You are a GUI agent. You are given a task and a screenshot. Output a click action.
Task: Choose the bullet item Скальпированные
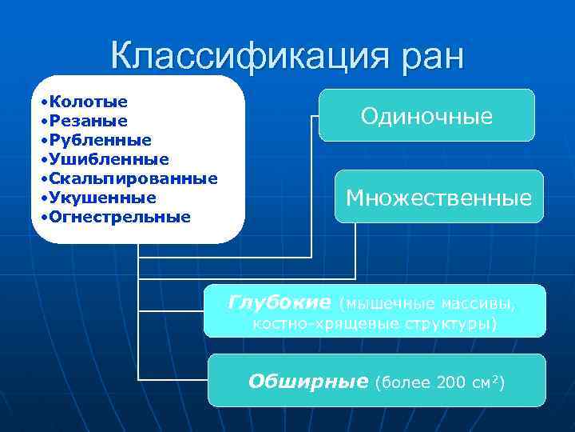(x=132, y=178)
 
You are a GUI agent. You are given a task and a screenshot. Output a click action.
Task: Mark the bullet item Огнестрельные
(x=119, y=216)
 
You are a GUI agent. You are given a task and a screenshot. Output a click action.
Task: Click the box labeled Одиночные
(x=426, y=116)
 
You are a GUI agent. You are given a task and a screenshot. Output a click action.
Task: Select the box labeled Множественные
(x=438, y=198)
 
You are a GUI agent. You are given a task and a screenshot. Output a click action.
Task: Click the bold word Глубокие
(x=279, y=302)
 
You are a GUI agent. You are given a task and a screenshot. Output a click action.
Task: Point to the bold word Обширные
(x=307, y=381)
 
